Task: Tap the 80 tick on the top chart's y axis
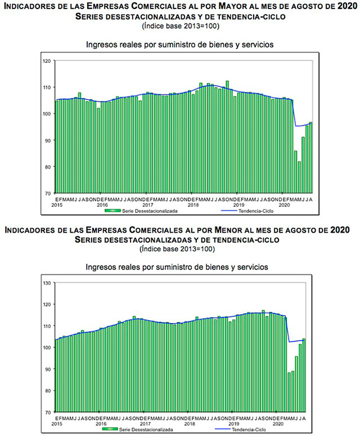[48, 167]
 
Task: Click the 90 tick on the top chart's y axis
[48, 140]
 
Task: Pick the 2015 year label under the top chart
[56, 205]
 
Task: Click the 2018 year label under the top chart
[193, 205]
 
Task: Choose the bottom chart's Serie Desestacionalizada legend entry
[139, 430]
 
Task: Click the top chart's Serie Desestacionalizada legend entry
[139, 211]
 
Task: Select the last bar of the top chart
[310, 157]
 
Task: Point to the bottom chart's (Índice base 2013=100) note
[179, 248]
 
